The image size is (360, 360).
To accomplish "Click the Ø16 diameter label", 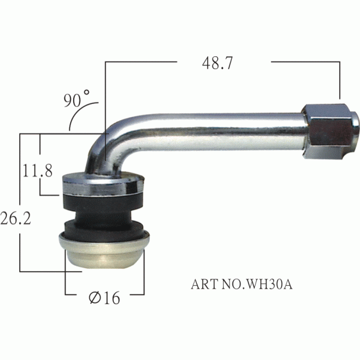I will point(105,298).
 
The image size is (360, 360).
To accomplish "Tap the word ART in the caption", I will point(203,285).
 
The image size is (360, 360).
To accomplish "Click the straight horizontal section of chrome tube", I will point(232,128).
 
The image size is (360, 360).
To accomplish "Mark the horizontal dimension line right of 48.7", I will point(305,60).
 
